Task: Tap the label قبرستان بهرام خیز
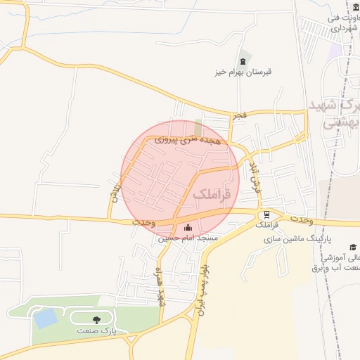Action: click(243, 72)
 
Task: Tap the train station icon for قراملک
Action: click(265, 215)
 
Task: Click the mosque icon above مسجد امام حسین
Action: click(187, 227)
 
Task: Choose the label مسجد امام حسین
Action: click(188, 238)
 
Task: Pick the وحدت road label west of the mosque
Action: click(143, 222)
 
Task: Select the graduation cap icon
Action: click(352, 247)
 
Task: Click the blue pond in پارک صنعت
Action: click(46, 319)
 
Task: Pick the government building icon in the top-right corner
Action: click(356, 8)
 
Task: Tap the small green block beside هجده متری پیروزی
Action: click(198, 127)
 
